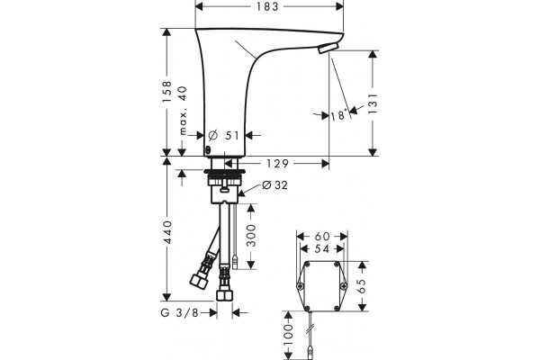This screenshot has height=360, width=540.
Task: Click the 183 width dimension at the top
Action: pyautogui.click(x=267, y=6)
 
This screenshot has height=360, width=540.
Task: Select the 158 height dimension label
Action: pyautogui.click(x=167, y=91)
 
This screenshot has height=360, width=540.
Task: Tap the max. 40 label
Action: pyautogui.click(x=183, y=110)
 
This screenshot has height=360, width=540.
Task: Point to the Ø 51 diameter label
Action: pyautogui.click(x=223, y=135)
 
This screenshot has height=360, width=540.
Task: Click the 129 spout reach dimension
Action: pyautogui.click(x=277, y=163)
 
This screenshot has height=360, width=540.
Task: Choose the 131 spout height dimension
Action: pyautogui.click(x=373, y=103)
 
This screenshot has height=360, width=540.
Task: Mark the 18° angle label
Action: pyautogui.click(x=338, y=115)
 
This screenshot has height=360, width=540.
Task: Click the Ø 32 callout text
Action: pyautogui.click(x=274, y=185)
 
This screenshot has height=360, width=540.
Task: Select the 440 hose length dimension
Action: pyautogui.click(x=167, y=232)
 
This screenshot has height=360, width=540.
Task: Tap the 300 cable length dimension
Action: pyautogui.click(x=252, y=236)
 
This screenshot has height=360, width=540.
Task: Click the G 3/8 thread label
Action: pyautogui.click(x=180, y=313)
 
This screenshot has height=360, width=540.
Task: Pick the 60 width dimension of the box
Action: pyautogui.click(x=322, y=237)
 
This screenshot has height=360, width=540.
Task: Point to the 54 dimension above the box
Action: pyautogui.click(x=322, y=248)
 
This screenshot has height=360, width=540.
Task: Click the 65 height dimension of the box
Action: pyautogui.click(x=362, y=286)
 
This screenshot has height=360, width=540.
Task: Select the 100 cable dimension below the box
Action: pyautogui.click(x=289, y=335)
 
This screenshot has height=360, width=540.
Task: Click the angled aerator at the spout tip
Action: pyautogui.click(x=328, y=49)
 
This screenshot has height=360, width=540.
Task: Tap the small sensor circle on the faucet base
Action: pyautogui.click(x=208, y=150)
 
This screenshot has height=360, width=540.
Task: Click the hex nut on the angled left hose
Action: pyautogui.click(x=198, y=282)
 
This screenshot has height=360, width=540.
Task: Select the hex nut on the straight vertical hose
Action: pyautogui.click(x=224, y=295)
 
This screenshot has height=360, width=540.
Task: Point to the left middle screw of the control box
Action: pyautogui.click(x=301, y=286)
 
